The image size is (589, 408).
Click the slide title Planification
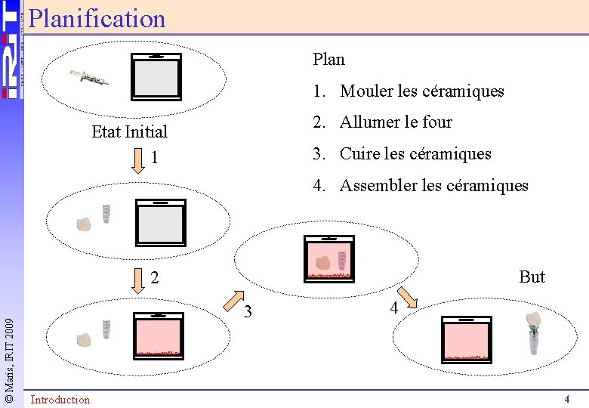tap(97, 18)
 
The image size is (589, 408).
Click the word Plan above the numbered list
tap(328, 59)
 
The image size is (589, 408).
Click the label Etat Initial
tap(129, 132)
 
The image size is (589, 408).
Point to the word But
tap(532, 277)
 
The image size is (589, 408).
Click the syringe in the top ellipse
tap(89, 77)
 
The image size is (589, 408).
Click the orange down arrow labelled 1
tap(137, 160)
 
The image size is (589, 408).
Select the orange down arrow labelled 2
tap(137, 279)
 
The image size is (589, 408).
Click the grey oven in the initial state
tap(156, 76)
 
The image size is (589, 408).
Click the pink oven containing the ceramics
tap(328, 258)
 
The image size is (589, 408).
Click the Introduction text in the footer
tap(60, 400)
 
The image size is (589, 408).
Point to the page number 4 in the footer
tap(566, 399)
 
